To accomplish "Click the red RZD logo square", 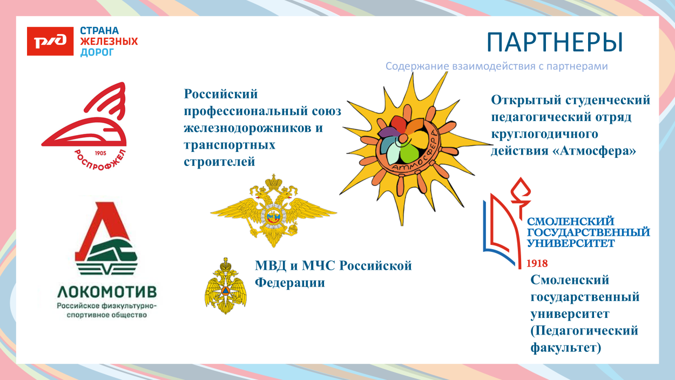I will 50,41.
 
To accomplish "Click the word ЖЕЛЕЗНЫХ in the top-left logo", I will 109,42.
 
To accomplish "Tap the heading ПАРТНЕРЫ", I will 555,43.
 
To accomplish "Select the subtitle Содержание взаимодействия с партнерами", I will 496,66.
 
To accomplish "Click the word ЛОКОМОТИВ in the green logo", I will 107,292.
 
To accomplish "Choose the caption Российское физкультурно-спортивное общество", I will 107,310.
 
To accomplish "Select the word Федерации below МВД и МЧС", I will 290,283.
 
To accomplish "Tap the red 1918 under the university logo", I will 537,264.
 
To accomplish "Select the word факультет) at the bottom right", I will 566,347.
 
